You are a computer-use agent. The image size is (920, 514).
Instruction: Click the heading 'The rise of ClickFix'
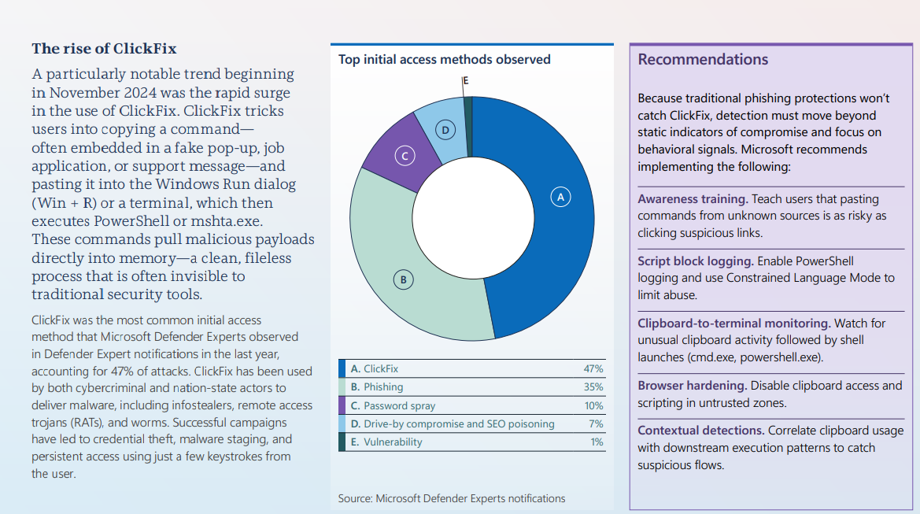[x=104, y=49]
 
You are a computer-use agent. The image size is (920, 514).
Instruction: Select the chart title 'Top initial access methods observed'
[x=445, y=60]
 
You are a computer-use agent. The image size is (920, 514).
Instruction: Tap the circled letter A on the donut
[x=561, y=197]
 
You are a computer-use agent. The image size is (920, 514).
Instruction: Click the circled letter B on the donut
[x=403, y=279]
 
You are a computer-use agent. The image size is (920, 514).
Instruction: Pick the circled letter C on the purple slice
[x=405, y=157]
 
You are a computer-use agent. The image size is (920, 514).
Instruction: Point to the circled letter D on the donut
[x=445, y=131]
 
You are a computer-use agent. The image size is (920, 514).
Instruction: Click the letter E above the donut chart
[x=466, y=81]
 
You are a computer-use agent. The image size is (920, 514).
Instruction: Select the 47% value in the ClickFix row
[x=593, y=368]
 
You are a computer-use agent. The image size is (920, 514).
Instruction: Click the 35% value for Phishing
[x=593, y=387]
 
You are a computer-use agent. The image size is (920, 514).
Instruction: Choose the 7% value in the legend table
[x=596, y=424]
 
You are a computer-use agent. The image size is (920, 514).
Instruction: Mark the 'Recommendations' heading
[x=703, y=60]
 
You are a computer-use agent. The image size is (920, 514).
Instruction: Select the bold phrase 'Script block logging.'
[x=695, y=261]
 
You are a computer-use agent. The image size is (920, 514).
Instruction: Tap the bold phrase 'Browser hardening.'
[x=692, y=386]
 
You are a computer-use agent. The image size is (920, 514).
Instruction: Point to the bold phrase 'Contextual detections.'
[x=699, y=431]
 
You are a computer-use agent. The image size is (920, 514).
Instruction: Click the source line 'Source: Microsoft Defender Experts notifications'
[x=452, y=498]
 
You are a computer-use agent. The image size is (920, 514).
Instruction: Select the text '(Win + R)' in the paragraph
[x=61, y=202]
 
